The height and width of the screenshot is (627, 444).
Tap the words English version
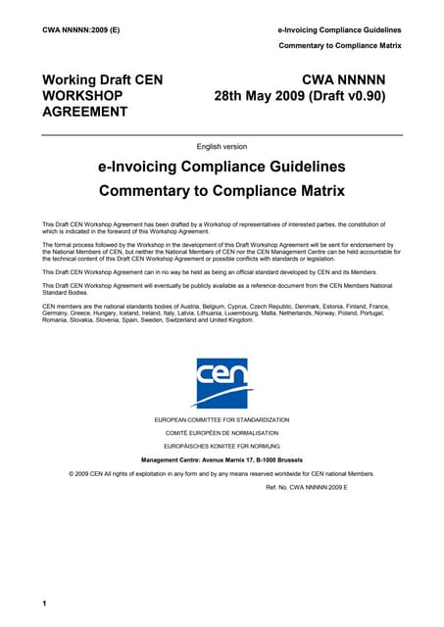click(x=222, y=146)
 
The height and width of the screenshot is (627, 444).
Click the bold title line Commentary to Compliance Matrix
click(x=222, y=189)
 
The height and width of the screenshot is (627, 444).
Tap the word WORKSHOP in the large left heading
click(x=82, y=96)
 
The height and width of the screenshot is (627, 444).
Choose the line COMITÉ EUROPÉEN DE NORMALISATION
click(x=222, y=432)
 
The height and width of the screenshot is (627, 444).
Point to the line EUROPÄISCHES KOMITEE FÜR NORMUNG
click(x=222, y=446)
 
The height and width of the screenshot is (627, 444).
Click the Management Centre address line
click(x=222, y=458)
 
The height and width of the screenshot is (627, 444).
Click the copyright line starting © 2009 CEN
click(x=222, y=473)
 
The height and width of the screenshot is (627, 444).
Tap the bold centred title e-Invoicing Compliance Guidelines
click(x=222, y=168)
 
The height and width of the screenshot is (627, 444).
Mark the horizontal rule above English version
click(x=222, y=135)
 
